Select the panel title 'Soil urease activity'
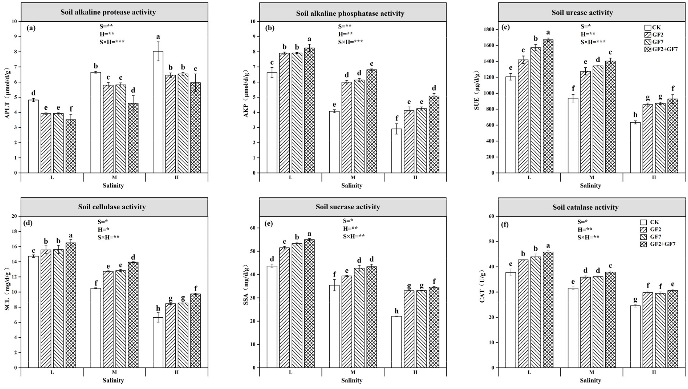[x=582, y=13]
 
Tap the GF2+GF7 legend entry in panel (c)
[x=661, y=49]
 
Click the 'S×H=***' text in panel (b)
[x=350, y=42]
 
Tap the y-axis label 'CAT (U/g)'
[x=482, y=286]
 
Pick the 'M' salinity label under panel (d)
[x=114, y=372]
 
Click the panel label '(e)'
[x=269, y=224]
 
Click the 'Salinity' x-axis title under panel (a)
[x=113, y=186]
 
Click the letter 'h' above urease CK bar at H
[x=635, y=115]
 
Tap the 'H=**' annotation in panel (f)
[x=585, y=229]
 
